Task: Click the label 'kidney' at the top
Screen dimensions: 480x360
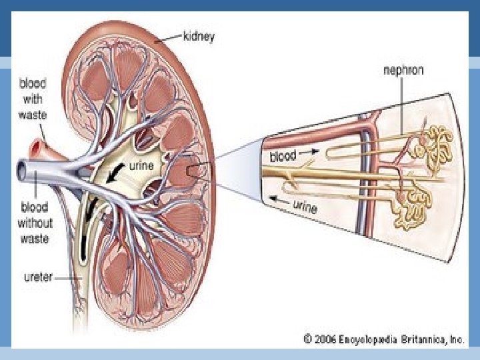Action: point(199,37)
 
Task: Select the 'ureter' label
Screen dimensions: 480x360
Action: point(31,274)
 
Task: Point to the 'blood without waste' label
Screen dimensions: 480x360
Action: point(35,221)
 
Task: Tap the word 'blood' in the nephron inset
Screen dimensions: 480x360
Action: point(283,157)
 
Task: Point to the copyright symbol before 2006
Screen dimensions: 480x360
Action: point(308,339)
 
